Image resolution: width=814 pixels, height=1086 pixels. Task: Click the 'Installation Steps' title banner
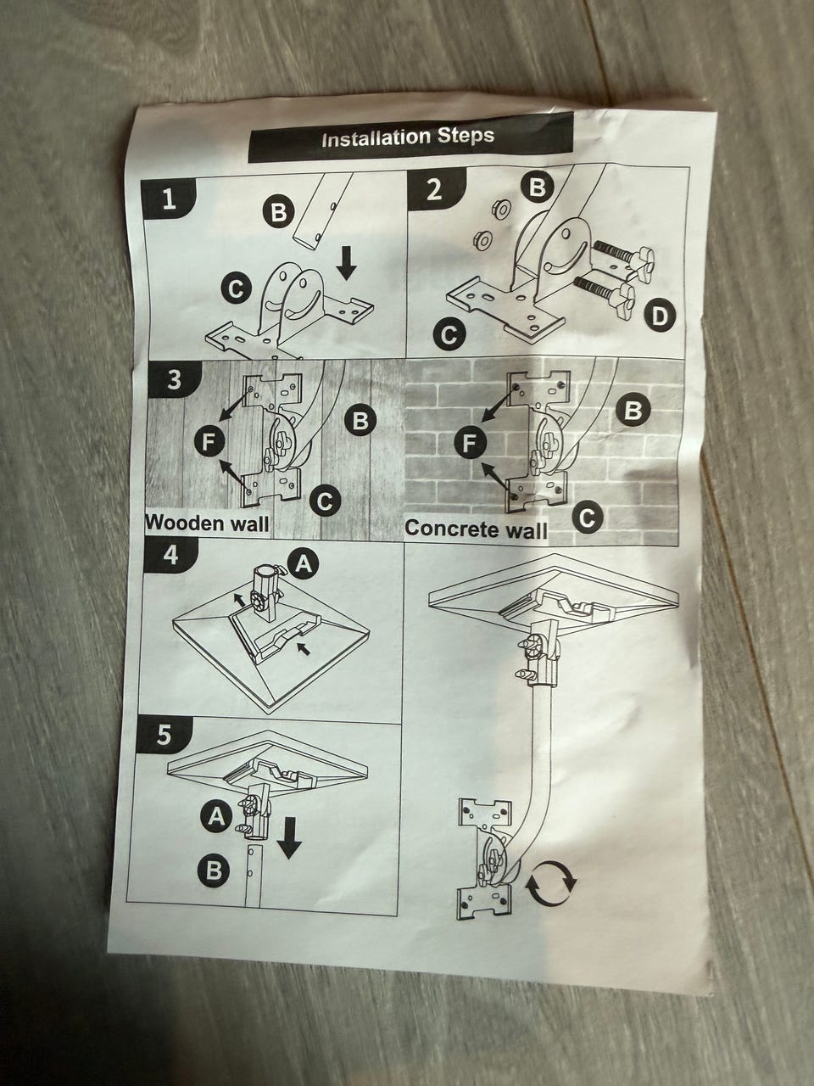pyautogui.click(x=410, y=137)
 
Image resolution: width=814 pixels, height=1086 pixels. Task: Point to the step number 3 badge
pyautogui.click(x=175, y=380)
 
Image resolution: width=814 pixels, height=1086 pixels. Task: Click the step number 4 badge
pyautogui.click(x=171, y=556)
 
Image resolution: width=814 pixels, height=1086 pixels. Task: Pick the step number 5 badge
pyautogui.click(x=164, y=735)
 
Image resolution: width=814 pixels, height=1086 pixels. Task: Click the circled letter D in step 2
pyautogui.click(x=660, y=315)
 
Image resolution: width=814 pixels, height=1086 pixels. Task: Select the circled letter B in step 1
pyautogui.click(x=279, y=212)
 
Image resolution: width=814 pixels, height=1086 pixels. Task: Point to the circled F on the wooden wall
pyautogui.click(x=209, y=440)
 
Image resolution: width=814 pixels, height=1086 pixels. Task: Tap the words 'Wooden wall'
pyautogui.click(x=208, y=523)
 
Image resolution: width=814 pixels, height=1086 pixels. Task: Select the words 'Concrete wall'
pyautogui.click(x=476, y=529)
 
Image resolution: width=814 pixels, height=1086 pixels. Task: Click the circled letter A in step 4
pyautogui.click(x=304, y=563)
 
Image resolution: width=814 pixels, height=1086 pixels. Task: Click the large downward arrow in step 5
pyautogui.click(x=290, y=837)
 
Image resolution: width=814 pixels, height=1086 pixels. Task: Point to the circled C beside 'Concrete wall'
pyautogui.click(x=587, y=518)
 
